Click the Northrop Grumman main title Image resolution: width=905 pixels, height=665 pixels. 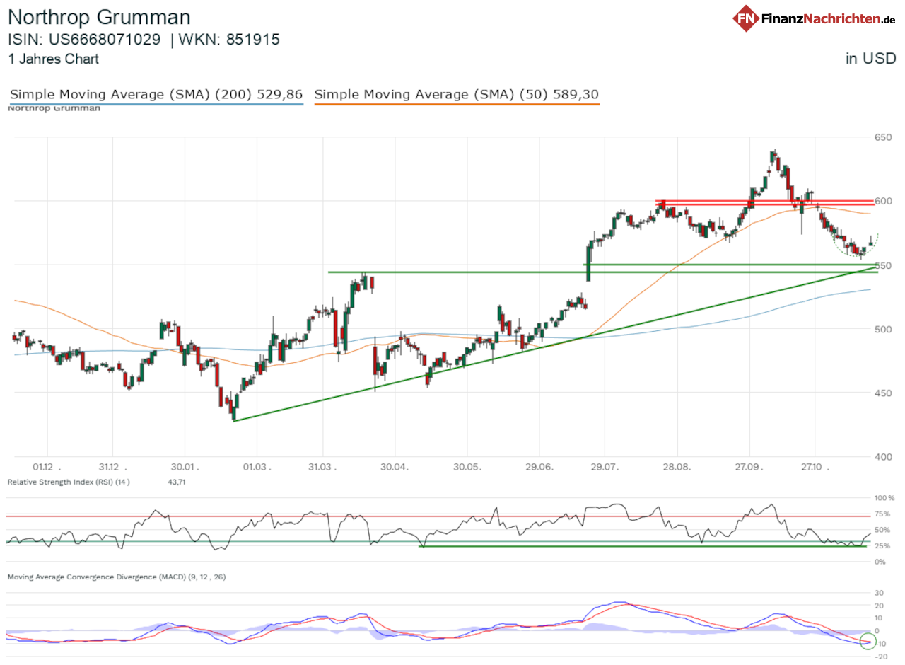(99, 18)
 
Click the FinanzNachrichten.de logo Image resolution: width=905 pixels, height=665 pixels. (814, 18)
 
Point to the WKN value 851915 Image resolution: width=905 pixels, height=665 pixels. (253, 40)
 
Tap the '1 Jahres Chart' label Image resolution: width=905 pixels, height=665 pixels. (54, 59)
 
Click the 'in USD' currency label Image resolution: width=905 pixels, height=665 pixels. (870, 59)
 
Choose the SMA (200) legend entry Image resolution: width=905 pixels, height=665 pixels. (156, 95)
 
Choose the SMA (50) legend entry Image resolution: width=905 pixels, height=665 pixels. (457, 95)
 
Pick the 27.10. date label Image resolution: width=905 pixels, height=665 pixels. (817, 467)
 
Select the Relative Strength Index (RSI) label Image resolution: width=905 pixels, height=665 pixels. (69, 482)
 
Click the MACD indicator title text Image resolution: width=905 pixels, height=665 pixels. (117, 577)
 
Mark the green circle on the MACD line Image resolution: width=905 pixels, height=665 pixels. (868, 642)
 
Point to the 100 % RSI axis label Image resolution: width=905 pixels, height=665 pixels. (884, 498)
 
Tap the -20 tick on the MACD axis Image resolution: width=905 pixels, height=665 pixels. (881, 657)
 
